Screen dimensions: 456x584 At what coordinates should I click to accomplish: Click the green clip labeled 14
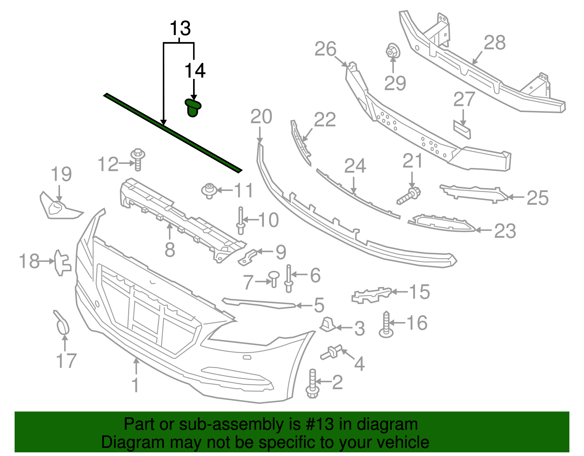(193, 108)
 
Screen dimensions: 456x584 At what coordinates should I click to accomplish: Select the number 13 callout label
(180, 28)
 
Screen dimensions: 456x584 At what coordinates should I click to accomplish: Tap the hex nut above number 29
(392, 51)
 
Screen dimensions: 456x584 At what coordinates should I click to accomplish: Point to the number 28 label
(495, 42)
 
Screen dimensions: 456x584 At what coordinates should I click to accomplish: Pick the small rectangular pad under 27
(462, 130)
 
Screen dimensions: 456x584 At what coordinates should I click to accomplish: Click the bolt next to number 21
(409, 195)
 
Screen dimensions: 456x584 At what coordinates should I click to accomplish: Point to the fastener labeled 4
(331, 352)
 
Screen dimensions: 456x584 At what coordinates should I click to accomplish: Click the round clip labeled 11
(209, 191)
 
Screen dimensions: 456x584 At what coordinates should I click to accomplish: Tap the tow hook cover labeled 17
(62, 323)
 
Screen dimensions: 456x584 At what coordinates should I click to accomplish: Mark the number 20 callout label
(261, 117)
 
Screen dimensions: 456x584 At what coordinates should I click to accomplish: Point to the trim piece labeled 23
(442, 223)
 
